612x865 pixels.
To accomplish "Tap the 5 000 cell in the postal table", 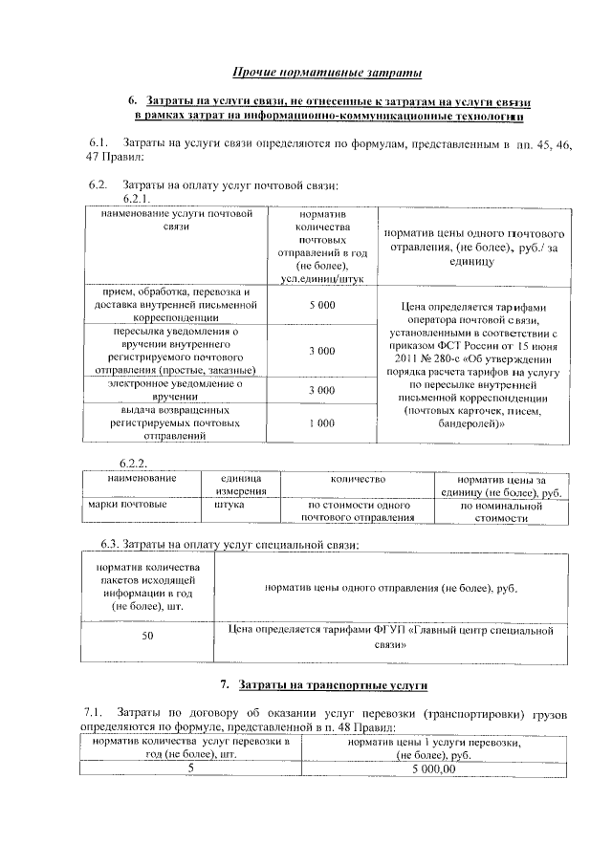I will click(x=321, y=305).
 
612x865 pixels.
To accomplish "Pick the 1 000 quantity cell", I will click(x=321, y=422).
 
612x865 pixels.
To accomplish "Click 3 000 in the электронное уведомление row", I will click(x=321, y=390).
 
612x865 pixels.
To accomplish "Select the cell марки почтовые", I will click(x=127, y=504).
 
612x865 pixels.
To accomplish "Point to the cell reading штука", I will click(x=229, y=504).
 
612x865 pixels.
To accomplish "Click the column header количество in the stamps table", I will click(x=358, y=476).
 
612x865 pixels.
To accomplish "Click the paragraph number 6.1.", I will click(x=98, y=143).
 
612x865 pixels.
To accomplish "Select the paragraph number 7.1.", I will click(x=93, y=713).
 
